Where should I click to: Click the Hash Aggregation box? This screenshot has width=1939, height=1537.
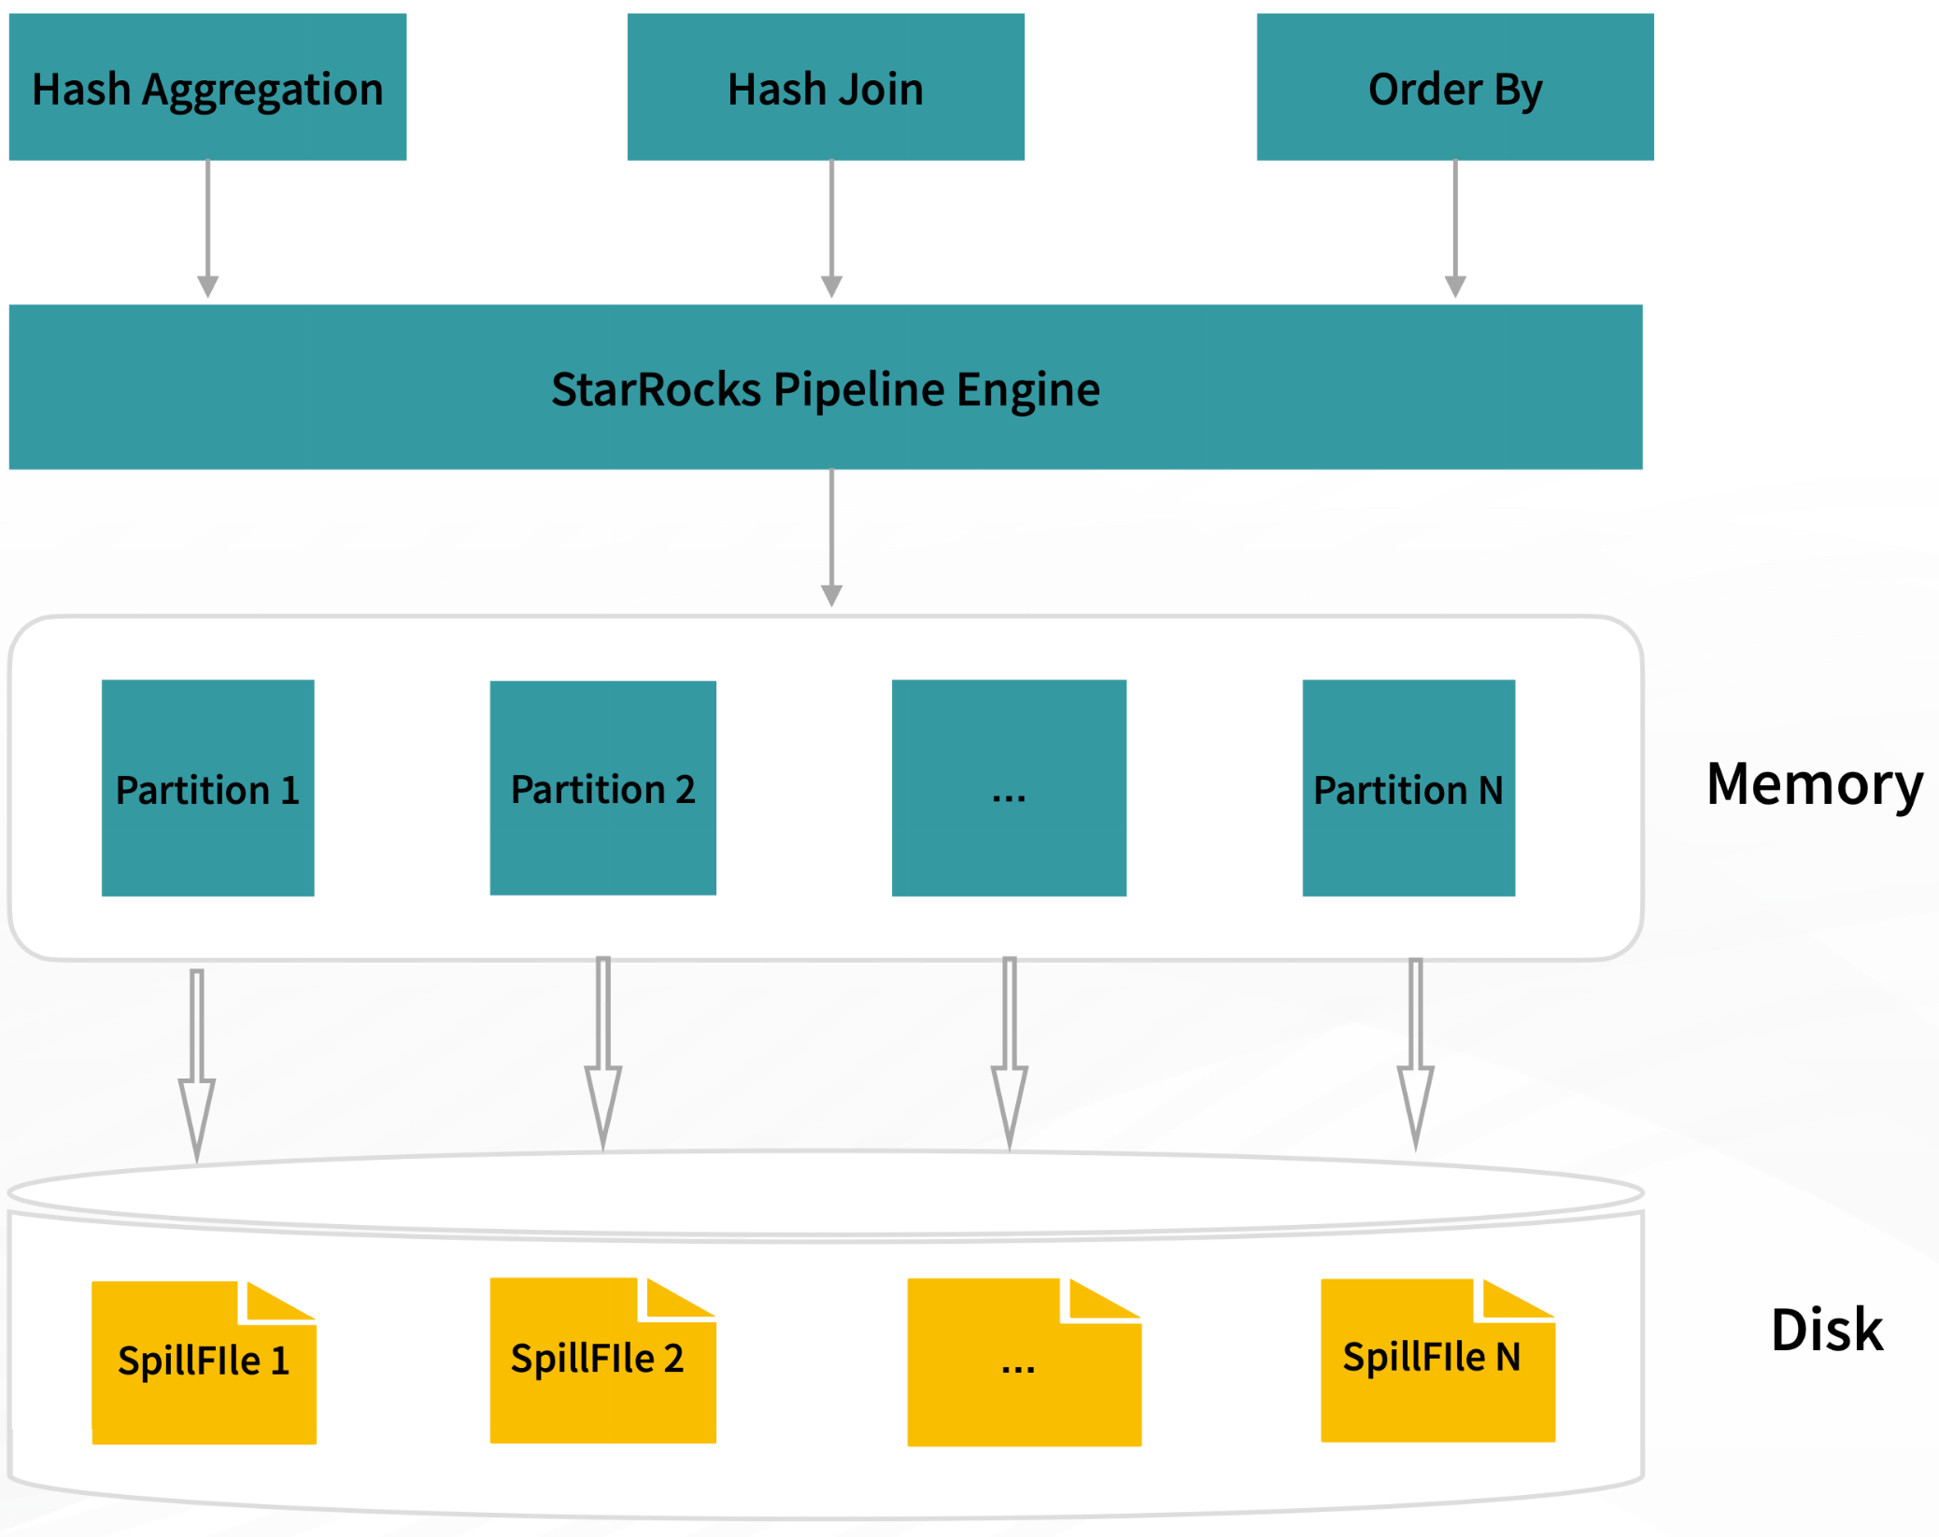click(x=207, y=88)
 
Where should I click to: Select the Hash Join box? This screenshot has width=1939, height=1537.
click(x=826, y=88)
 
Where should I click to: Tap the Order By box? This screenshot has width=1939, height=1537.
click(x=1454, y=88)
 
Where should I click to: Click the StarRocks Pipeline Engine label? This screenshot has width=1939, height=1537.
click(x=826, y=388)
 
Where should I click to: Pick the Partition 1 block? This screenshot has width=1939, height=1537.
click(x=207, y=788)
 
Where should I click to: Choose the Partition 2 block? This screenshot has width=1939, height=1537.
click(x=602, y=788)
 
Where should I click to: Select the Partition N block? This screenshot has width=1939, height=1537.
click(x=1408, y=788)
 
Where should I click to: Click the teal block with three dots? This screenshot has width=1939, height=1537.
click(x=1009, y=788)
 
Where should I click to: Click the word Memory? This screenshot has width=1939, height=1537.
click(x=1814, y=783)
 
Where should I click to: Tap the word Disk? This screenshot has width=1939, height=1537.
click(x=1826, y=1330)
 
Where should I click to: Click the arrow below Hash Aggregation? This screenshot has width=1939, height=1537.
click(x=208, y=229)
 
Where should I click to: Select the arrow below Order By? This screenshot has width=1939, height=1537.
click(x=1454, y=229)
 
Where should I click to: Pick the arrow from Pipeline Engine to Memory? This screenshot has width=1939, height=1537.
click(x=831, y=538)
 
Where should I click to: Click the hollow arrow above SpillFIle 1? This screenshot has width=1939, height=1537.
click(x=197, y=1065)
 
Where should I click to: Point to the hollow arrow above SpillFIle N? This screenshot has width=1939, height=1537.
click(x=1415, y=1055)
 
